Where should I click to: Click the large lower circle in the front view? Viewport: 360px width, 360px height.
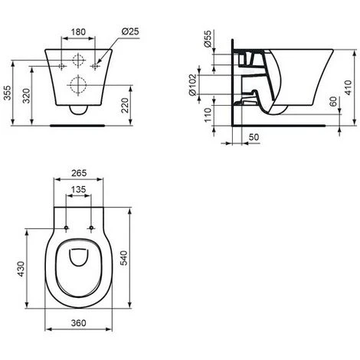tap(79, 85)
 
